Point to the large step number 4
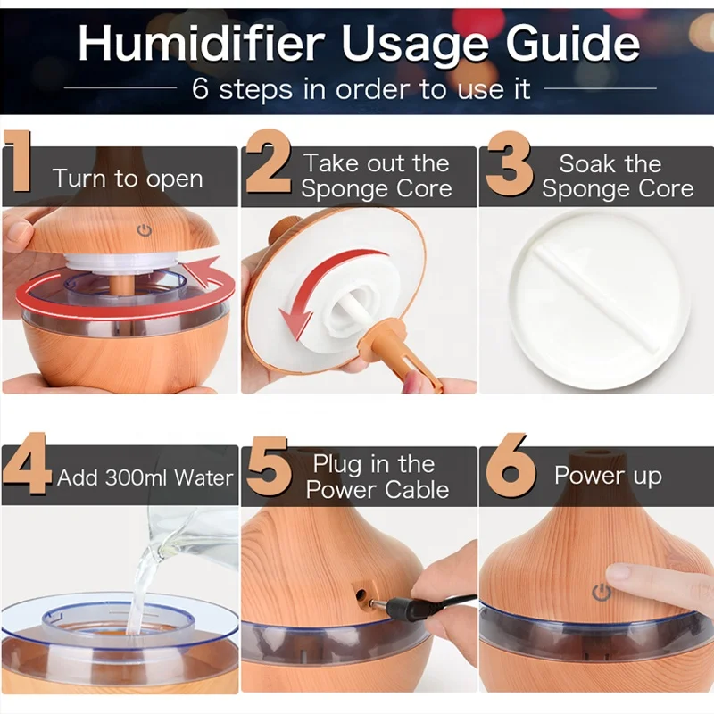[26, 473]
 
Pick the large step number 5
[268, 473]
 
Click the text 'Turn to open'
[128, 178]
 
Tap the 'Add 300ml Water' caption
[145, 477]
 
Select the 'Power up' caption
[608, 476]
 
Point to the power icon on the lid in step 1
[144, 231]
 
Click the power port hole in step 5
[362, 594]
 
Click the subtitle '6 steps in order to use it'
[361, 88]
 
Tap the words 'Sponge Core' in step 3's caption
[618, 189]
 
